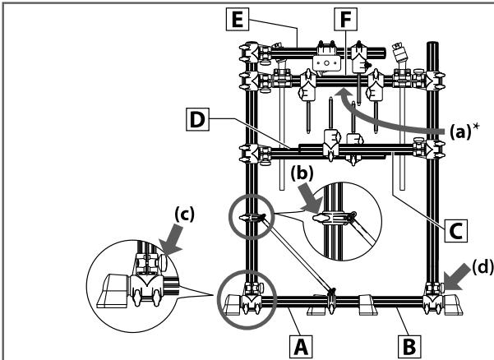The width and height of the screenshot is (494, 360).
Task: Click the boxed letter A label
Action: click(x=301, y=347)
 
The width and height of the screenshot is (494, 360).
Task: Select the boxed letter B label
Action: click(x=409, y=347)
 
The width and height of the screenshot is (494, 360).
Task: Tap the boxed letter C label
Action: click(x=456, y=231)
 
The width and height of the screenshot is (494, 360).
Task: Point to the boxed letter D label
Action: click(x=197, y=119)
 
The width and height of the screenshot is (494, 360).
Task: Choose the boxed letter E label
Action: click(x=238, y=19)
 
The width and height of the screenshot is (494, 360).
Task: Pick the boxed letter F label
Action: click(x=345, y=19)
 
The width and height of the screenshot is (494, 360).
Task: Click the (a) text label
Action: click(x=459, y=132)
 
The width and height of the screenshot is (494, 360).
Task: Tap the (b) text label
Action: click(x=302, y=173)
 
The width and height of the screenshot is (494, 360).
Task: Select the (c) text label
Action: click(x=185, y=215)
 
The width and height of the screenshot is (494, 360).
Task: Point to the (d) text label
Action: click(x=482, y=267)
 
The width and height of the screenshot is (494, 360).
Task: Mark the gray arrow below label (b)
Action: click(x=312, y=198)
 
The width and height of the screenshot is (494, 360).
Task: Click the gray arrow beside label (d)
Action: click(x=458, y=277)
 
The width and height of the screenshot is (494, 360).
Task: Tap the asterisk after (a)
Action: click(x=475, y=127)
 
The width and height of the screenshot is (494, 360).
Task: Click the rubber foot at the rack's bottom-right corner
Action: click(x=453, y=305)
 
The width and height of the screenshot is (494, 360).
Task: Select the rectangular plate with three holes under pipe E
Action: click(x=326, y=63)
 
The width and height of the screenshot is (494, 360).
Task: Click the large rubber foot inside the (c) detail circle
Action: click(x=113, y=290)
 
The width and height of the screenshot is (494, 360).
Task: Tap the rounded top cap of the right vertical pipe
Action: click(x=432, y=44)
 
